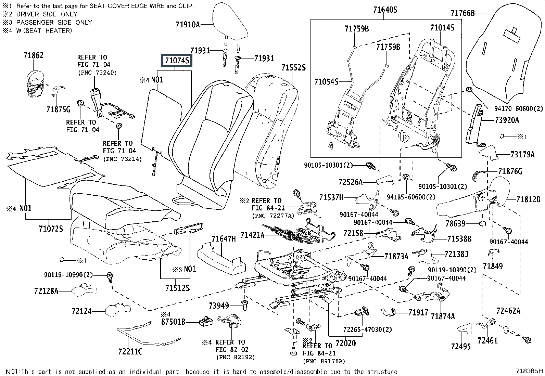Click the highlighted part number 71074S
point(177,61)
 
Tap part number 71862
point(34,55)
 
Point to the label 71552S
point(293,67)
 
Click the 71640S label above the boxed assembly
point(385,10)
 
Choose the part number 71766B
point(462,13)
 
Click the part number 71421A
point(252,235)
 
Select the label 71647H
point(224,239)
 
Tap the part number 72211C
point(130,351)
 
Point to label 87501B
point(173,322)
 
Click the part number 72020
point(345,343)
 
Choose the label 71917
point(418,312)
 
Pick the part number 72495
point(461,346)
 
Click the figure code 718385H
point(530,371)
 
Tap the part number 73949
point(219,305)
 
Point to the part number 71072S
point(51,229)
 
